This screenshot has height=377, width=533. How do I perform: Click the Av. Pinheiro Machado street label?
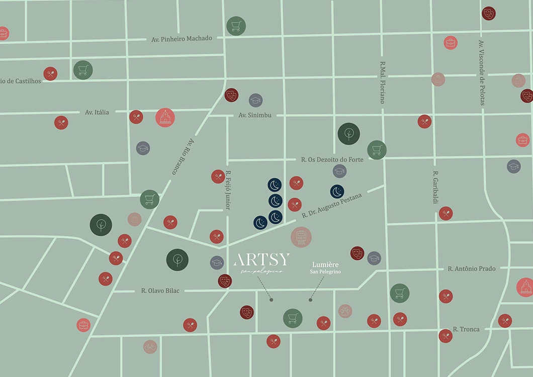click(x=182, y=39)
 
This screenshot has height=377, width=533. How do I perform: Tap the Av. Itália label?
click(x=97, y=112)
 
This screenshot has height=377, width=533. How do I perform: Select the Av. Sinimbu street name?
click(x=255, y=115)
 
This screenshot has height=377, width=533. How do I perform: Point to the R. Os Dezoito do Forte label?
click(x=332, y=159)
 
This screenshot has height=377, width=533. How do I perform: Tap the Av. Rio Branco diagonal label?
click(x=183, y=156)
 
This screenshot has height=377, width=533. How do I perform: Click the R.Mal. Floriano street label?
click(x=382, y=82)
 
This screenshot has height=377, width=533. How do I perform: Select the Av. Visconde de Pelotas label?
click(x=482, y=72)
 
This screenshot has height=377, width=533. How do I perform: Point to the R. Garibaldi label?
click(x=435, y=187)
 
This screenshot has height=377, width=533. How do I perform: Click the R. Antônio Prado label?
click(x=472, y=269)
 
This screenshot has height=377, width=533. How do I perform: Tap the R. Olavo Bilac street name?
click(x=160, y=291)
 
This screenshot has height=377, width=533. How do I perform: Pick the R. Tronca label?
click(x=466, y=329)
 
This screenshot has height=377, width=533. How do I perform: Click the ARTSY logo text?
click(x=261, y=260)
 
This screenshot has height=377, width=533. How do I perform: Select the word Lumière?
click(x=325, y=264)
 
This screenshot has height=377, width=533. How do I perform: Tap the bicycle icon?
click(x=150, y=346)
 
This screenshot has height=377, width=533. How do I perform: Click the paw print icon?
click(x=345, y=311)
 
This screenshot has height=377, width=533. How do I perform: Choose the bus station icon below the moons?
click(x=301, y=237)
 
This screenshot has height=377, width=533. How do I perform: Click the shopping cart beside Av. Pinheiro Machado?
click(x=236, y=26)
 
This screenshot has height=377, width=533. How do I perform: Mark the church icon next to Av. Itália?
click(x=165, y=118)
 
